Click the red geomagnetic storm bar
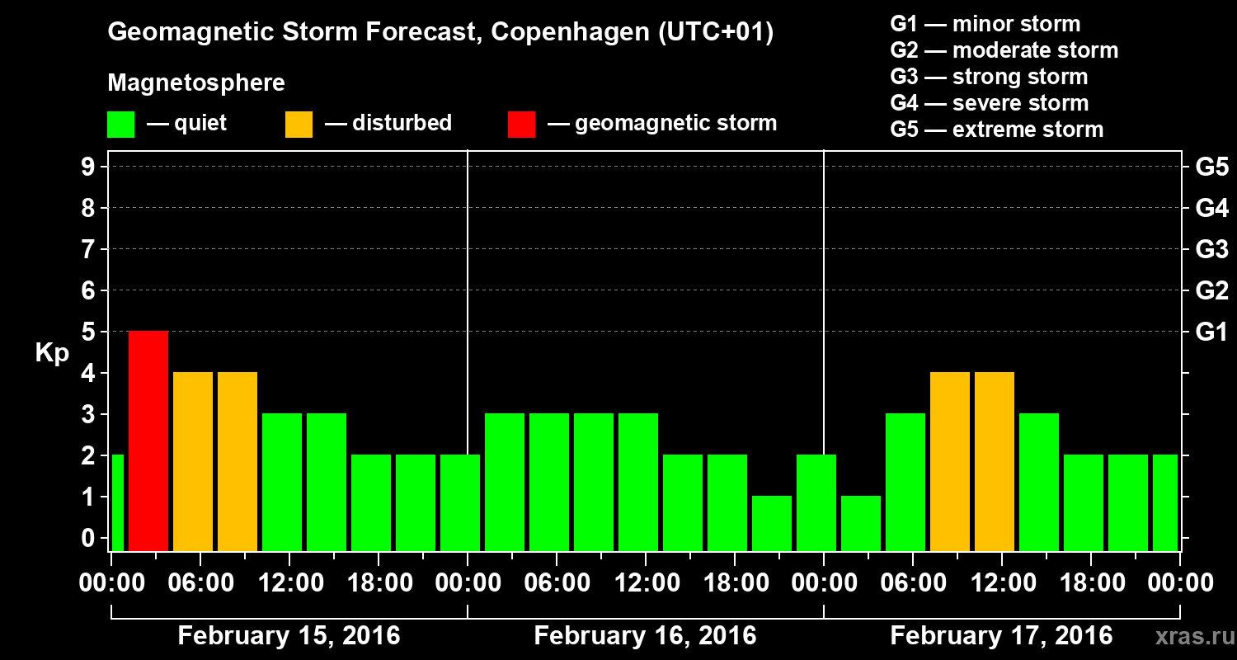point(148,441)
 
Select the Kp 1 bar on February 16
point(772,523)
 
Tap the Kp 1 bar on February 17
point(861,523)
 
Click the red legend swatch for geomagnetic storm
point(521,124)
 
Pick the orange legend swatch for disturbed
point(299,124)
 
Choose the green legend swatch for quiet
point(120,124)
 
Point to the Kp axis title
point(51,352)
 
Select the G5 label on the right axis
point(1211,167)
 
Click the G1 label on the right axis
point(1211,332)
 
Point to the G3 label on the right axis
point(1211,249)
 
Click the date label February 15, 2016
point(289,636)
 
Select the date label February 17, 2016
point(1001,636)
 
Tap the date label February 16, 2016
point(645,636)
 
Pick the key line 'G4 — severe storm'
point(989,103)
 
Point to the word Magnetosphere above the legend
point(196,83)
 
